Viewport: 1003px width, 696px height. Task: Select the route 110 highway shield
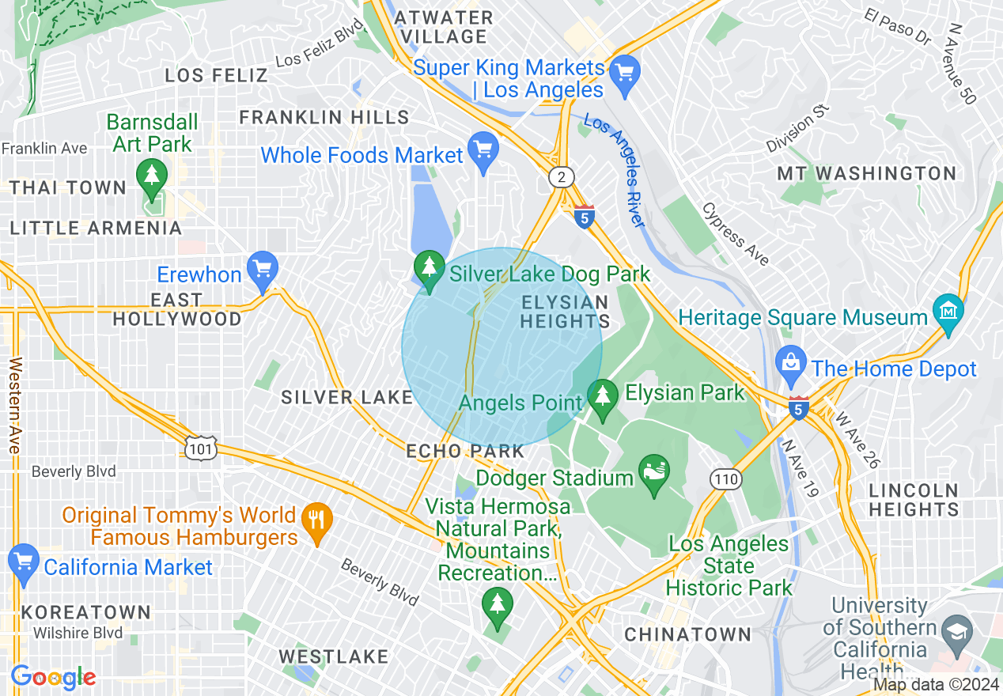725,478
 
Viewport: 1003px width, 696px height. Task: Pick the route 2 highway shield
561,177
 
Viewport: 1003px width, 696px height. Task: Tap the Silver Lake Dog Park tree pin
430,270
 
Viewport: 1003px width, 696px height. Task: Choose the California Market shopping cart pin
23,564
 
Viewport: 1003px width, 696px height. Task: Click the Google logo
53,676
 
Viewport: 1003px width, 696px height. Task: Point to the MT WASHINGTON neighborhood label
866,173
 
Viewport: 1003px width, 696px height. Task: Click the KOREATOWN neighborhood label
86,612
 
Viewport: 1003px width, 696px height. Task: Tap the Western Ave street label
13,405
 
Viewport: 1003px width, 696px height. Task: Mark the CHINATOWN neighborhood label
687,634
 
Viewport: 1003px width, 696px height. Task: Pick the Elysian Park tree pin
603,398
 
